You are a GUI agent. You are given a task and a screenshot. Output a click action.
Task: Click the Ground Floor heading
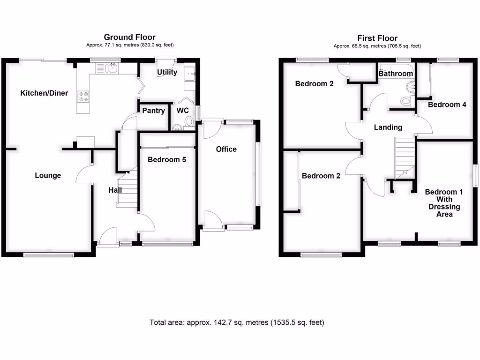coord(129,37)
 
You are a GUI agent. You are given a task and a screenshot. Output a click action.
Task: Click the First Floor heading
coord(377,38)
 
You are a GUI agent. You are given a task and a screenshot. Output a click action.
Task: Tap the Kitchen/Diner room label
coord(44,93)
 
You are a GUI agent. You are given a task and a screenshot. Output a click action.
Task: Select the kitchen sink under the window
coord(111,69)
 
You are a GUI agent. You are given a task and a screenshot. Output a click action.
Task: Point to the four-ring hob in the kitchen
coord(84,97)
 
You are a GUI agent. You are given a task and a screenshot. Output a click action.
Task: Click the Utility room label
coord(167,72)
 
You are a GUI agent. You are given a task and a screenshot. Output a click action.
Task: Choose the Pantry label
coord(154,111)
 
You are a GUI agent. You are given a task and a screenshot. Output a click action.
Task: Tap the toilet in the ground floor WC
coord(189,122)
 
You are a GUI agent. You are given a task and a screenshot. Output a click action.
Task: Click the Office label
coord(226,149)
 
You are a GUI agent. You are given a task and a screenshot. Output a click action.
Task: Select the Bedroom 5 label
coord(166,159)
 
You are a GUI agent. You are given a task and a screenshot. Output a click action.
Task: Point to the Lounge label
coord(48,175)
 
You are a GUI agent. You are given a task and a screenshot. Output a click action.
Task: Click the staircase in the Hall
coord(127,190)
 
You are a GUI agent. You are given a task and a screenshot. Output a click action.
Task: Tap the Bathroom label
coord(396,74)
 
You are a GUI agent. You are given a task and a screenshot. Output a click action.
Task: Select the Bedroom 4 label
coord(447,105)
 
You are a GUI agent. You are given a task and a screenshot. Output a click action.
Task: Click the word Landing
coord(388,127)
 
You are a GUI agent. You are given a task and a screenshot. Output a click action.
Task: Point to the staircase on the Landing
coord(405,157)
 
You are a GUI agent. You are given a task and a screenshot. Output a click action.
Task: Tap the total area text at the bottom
coord(237,322)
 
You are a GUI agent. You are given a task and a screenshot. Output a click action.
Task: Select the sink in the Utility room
coord(190,73)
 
